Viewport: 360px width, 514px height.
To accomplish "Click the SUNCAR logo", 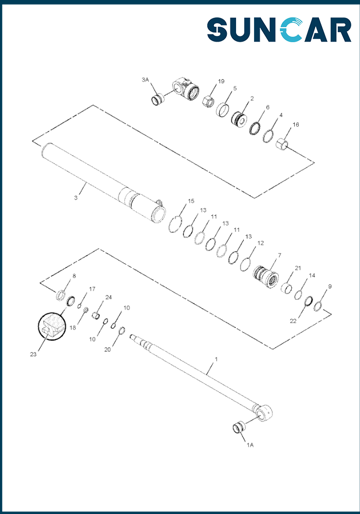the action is point(279,29).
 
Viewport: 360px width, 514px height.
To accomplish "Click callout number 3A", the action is point(145,80).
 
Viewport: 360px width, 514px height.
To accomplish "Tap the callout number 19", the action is point(221,81).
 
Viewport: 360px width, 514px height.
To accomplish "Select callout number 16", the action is point(296,124).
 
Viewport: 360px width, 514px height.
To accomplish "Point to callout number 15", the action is point(191,201).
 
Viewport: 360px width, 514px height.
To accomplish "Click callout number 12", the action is point(260,243).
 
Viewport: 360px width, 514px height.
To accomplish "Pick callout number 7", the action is point(279,255).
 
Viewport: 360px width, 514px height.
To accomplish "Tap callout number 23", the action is point(33,354).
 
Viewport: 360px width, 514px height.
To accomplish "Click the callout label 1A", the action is point(250,445).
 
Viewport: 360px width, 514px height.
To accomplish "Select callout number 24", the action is point(108,297).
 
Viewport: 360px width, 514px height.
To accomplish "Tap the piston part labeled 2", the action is point(239,119).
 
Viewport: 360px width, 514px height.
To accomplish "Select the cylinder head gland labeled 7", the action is point(266,277).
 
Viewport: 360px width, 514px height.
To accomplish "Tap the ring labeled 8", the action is point(61,295).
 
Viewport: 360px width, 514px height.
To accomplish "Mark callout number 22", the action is point(293,321).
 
